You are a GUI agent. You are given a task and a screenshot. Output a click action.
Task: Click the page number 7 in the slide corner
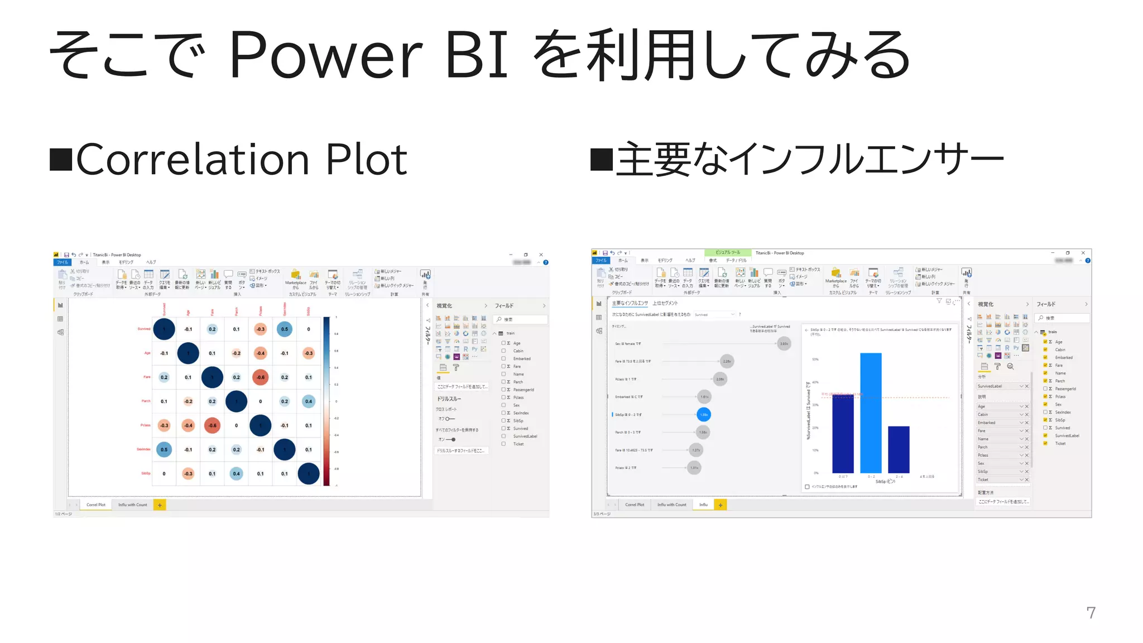click(1091, 613)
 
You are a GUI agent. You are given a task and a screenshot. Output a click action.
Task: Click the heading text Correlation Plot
click(241, 160)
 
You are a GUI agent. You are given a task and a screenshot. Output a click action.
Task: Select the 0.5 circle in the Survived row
click(285, 329)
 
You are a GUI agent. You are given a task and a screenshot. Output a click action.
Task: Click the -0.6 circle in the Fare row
click(261, 377)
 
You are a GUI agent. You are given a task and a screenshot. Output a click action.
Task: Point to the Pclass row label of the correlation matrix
click(145, 425)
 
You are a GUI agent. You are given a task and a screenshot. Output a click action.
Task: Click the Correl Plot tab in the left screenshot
click(96, 505)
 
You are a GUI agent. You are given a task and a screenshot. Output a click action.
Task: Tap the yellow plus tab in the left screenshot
click(160, 505)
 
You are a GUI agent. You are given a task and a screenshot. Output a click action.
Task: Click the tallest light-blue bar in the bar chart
click(871, 413)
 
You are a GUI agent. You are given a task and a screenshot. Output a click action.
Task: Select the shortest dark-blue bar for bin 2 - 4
click(899, 449)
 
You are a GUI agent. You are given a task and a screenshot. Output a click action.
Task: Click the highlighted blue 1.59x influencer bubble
click(704, 415)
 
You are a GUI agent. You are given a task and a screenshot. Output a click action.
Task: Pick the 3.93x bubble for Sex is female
click(784, 344)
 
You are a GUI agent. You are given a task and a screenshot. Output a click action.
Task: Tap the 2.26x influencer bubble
click(727, 361)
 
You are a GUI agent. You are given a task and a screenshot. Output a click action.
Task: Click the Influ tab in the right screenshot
click(703, 505)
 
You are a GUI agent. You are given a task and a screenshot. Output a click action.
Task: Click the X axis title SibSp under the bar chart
click(885, 482)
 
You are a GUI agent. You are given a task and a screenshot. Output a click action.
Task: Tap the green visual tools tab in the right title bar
click(728, 253)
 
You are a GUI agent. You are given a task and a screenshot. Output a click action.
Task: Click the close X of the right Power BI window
click(1083, 253)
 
